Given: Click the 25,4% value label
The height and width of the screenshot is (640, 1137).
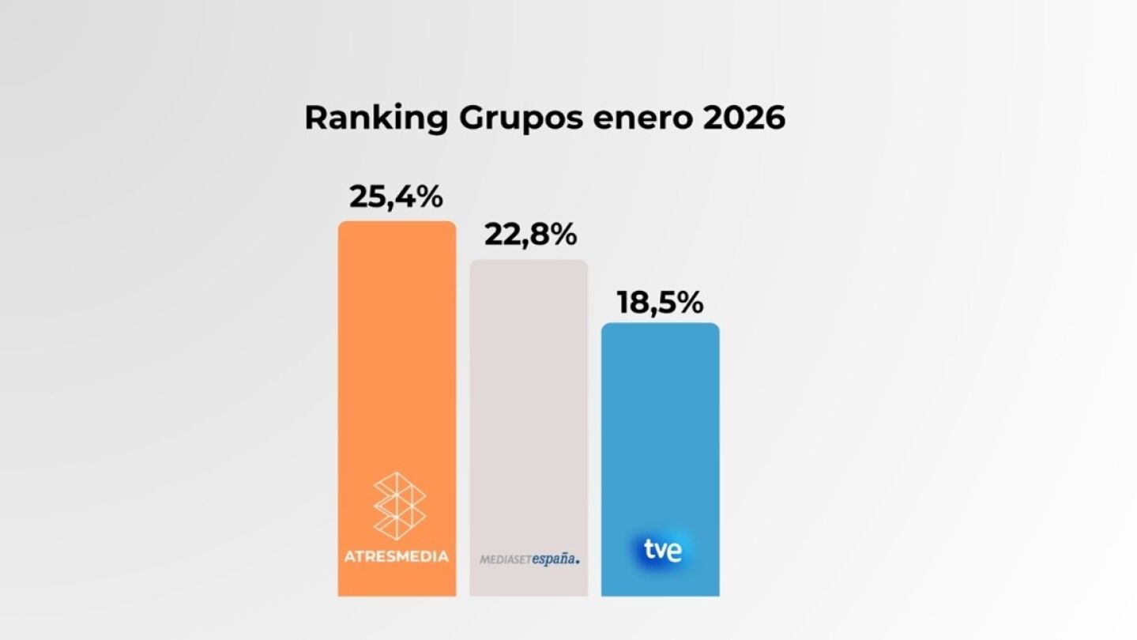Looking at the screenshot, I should (x=396, y=198).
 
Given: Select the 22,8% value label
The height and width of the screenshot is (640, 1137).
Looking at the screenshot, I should (x=529, y=235).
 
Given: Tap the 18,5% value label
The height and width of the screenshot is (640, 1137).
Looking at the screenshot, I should (x=661, y=303).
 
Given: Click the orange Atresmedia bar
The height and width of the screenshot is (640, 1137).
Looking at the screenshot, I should (x=397, y=356).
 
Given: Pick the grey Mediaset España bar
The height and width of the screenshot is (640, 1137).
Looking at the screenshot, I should (x=529, y=395).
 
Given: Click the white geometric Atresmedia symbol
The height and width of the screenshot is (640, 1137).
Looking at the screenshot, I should (x=397, y=506).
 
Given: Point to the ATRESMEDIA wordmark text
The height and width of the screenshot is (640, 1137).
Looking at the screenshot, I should (x=397, y=556).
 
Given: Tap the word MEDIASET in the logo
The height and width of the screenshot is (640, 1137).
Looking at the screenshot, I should (x=504, y=560).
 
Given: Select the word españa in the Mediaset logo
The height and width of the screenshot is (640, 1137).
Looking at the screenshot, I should (x=553, y=559).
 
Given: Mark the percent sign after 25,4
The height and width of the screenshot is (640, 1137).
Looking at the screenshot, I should (x=430, y=198).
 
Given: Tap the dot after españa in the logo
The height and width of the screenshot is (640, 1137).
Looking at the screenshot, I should (x=578, y=562).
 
